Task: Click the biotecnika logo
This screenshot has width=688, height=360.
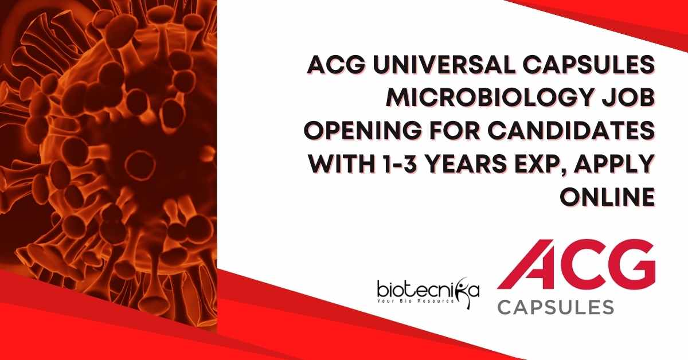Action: pyautogui.click(x=428, y=293)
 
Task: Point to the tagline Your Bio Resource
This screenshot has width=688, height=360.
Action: pyautogui.click(x=416, y=301)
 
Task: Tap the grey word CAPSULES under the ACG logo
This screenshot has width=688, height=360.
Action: pyautogui.click(x=556, y=307)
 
